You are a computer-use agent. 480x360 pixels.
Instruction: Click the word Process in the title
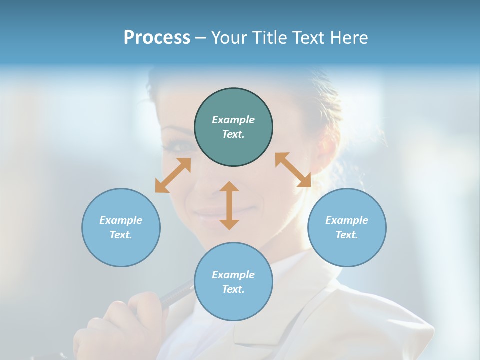click(157, 38)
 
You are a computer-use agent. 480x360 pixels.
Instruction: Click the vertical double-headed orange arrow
click(229, 205)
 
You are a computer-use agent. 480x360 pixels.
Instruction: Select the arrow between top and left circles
click(173, 175)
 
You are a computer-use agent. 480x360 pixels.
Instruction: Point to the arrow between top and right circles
click(293, 170)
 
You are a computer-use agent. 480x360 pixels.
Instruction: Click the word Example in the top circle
click(233, 120)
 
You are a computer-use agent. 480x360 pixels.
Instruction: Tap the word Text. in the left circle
click(121, 235)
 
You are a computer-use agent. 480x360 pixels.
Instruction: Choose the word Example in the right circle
click(347, 220)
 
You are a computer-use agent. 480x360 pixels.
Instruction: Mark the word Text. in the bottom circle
click(233, 289)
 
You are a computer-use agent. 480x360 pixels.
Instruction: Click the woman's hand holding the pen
click(120, 325)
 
